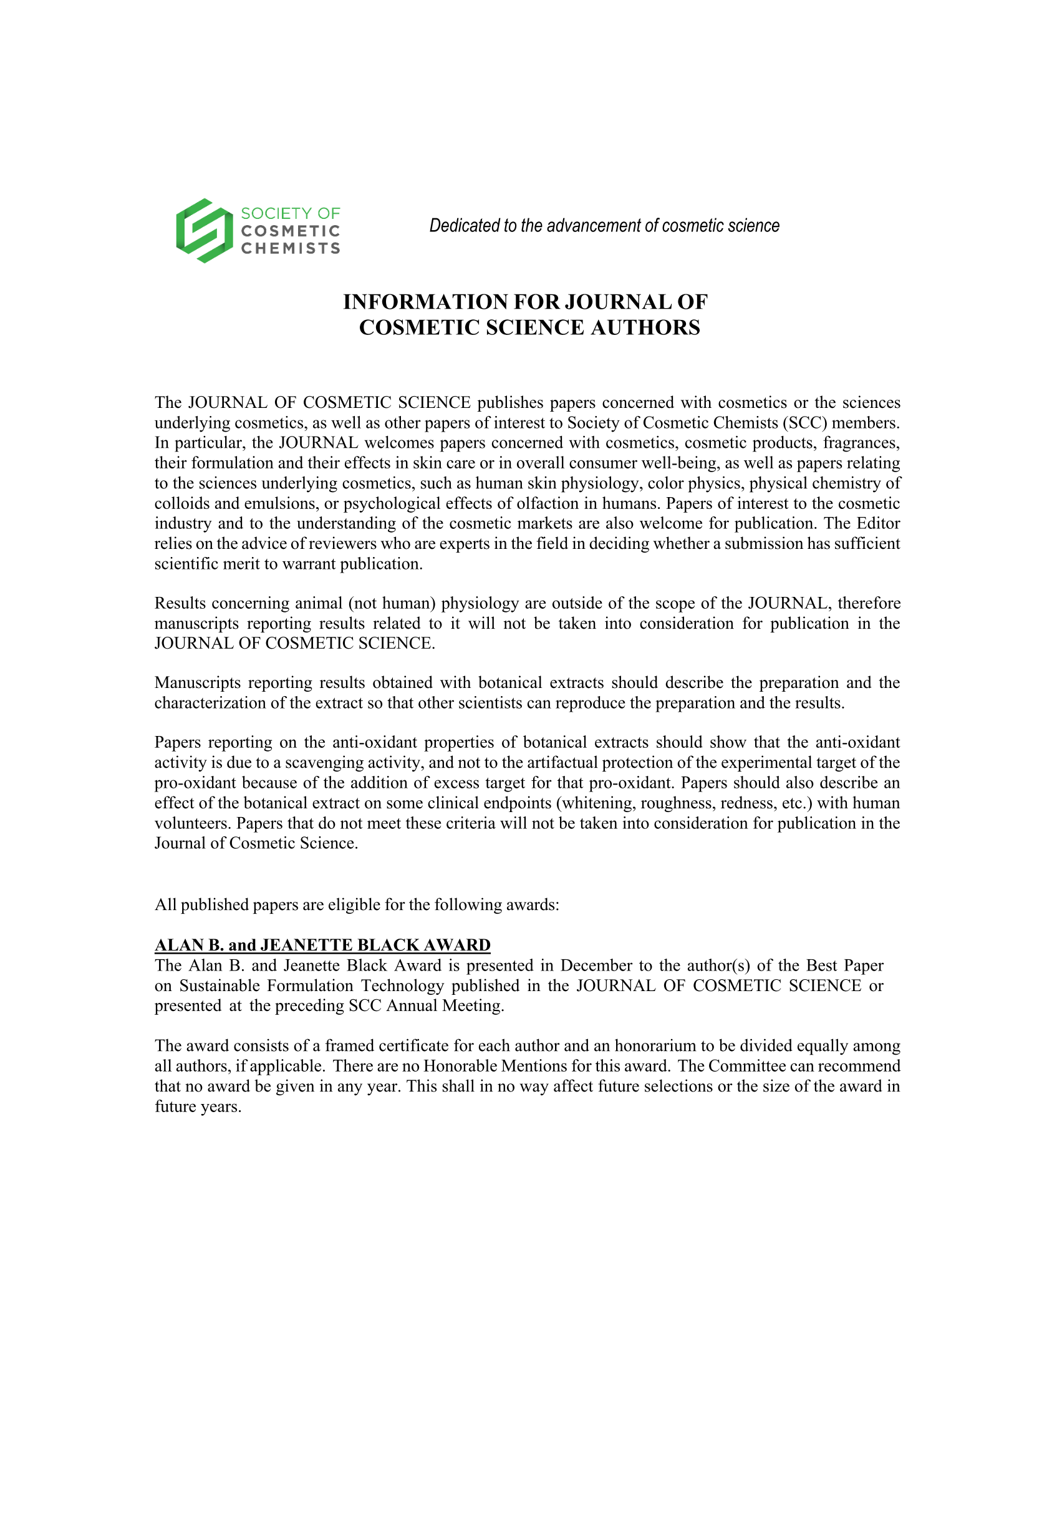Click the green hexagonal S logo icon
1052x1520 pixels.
pyautogui.click(x=205, y=231)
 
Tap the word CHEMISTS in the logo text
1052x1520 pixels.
pyautogui.click(x=290, y=248)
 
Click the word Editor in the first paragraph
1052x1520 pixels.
pyautogui.click(x=878, y=523)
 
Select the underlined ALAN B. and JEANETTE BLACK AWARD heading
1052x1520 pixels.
pyautogui.click(x=322, y=945)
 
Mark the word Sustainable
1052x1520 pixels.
pyautogui.click(x=220, y=986)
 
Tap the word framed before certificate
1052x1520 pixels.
pyautogui.click(x=349, y=1046)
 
